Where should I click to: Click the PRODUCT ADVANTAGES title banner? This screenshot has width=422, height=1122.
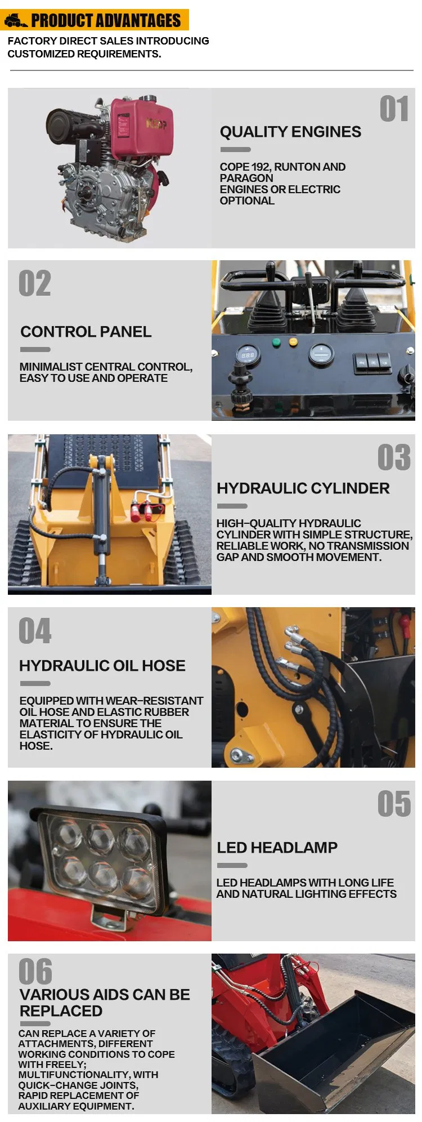[96, 20]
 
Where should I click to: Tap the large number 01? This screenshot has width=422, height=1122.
[394, 109]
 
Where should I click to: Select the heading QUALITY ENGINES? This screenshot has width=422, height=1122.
[290, 132]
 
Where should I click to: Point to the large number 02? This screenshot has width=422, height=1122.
[35, 283]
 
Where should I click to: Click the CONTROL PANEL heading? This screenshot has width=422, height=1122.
[86, 332]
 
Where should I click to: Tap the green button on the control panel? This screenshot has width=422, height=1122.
[276, 342]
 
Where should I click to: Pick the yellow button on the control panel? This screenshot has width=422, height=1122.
[293, 341]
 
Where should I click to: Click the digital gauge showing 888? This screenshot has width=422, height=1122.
[248, 355]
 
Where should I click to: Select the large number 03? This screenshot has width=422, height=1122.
[394, 457]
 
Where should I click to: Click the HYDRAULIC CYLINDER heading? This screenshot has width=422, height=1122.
[303, 488]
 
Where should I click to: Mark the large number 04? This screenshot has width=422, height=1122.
[35, 631]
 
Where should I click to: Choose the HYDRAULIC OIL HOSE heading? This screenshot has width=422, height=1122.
[102, 666]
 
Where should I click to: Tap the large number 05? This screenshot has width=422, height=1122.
[394, 804]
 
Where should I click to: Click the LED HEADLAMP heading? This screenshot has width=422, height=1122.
[277, 848]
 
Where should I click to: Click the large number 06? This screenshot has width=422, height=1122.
[35, 972]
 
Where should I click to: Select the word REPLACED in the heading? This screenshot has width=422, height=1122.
[61, 1011]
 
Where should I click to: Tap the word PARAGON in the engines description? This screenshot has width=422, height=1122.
[246, 178]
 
